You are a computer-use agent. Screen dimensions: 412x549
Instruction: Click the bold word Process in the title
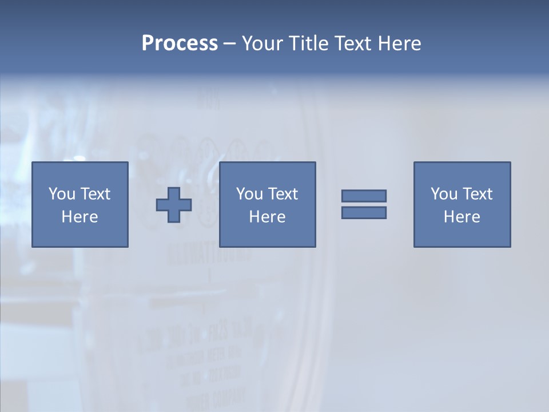(x=180, y=43)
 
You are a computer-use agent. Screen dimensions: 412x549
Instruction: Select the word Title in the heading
(x=309, y=43)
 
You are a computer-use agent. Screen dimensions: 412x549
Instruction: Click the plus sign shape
(x=174, y=205)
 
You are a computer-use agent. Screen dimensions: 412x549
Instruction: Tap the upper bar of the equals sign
(x=364, y=196)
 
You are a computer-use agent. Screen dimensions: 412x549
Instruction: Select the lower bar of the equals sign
(x=364, y=212)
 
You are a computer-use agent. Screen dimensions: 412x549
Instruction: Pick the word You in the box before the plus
(x=62, y=194)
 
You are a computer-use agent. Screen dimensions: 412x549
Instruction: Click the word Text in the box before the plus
(x=94, y=194)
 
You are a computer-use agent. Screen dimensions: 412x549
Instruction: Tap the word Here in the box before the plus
(x=79, y=217)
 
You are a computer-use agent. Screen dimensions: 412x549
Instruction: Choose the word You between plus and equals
(x=249, y=194)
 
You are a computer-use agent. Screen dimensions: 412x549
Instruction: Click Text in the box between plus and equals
(x=282, y=194)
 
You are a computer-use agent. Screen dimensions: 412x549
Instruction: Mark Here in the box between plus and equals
(x=267, y=217)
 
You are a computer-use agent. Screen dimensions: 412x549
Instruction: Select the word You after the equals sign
(x=444, y=194)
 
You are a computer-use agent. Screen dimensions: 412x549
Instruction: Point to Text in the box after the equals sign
(x=476, y=194)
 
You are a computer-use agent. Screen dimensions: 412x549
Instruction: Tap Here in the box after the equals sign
(x=462, y=217)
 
